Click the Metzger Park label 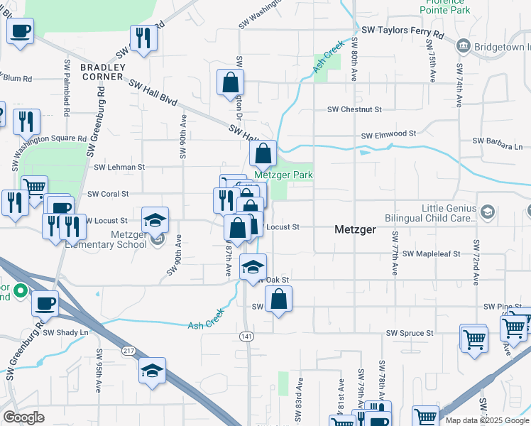point(284,175)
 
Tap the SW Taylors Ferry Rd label point(403,32)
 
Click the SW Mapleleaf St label point(431,253)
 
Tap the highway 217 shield point(128,350)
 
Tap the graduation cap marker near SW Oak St point(252,267)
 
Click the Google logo point(24,417)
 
